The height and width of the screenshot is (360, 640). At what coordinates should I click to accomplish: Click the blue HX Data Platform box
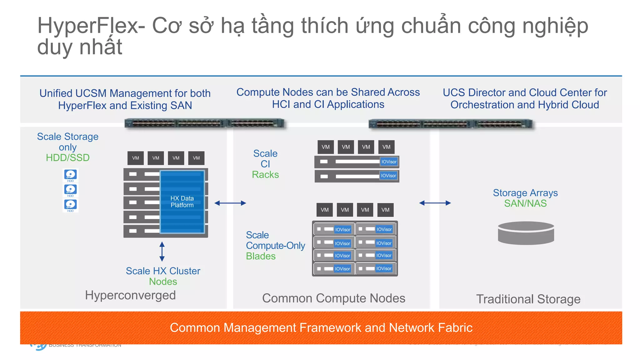[x=182, y=202]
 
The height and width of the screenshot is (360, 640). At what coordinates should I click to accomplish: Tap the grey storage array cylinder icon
[x=526, y=233]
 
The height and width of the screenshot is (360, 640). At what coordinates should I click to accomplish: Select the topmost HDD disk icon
[x=71, y=175]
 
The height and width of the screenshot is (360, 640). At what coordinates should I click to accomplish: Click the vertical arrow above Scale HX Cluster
[x=162, y=251]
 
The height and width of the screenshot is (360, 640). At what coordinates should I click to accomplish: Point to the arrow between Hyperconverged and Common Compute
[x=230, y=203]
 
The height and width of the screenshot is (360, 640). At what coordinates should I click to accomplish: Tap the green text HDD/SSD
[x=67, y=157]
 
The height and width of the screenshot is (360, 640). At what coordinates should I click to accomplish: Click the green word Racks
[x=265, y=174]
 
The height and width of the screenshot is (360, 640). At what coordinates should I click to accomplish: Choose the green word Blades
[x=261, y=256]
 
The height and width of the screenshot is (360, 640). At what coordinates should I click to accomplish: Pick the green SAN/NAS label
[x=525, y=203]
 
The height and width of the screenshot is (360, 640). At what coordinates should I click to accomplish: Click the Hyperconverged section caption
[x=130, y=295]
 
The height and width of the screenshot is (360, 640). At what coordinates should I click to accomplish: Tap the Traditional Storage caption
[x=528, y=299]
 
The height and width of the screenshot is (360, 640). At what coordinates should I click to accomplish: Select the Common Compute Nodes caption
[x=333, y=298]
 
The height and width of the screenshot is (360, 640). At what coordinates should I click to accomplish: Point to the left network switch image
[x=205, y=123]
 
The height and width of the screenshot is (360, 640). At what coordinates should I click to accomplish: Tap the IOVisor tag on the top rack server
[x=389, y=162]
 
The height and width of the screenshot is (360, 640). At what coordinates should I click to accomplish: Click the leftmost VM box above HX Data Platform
[x=136, y=158]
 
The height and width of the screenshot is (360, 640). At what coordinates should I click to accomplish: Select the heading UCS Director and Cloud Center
[x=525, y=92]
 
